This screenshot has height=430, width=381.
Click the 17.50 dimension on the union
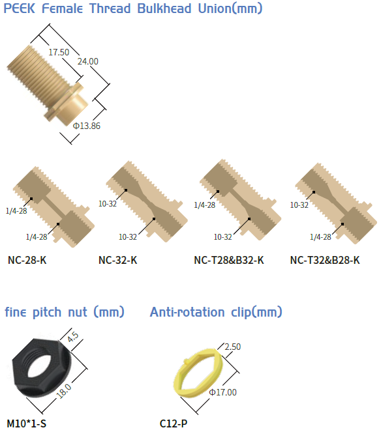pos(59,52)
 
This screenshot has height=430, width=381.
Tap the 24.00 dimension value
pos(87,61)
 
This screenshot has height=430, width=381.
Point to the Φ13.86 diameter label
pos(87,126)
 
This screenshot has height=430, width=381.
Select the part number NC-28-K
pos(27,260)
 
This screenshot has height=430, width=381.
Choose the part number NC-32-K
pos(117,260)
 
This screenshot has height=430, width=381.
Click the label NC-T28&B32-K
pos(229,260)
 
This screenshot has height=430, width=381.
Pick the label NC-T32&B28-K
pos(325,260)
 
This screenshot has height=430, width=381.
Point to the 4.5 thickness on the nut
pos(73,337)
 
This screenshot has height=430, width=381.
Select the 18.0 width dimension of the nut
pos(64,390)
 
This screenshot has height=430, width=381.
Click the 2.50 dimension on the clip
pos(233,347)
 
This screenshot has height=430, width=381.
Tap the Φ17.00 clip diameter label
pos(222,392)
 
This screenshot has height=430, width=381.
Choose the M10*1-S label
pos(26,423)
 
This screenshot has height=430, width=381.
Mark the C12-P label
pos(174,423)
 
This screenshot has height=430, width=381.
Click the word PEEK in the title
pos(19,8)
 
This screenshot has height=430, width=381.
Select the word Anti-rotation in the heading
pos(187,312)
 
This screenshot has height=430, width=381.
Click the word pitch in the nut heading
pos(47,312)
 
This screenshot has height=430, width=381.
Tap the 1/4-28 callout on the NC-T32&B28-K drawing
pos(320,236)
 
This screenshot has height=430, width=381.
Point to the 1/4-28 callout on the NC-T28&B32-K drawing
pos(204,205)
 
